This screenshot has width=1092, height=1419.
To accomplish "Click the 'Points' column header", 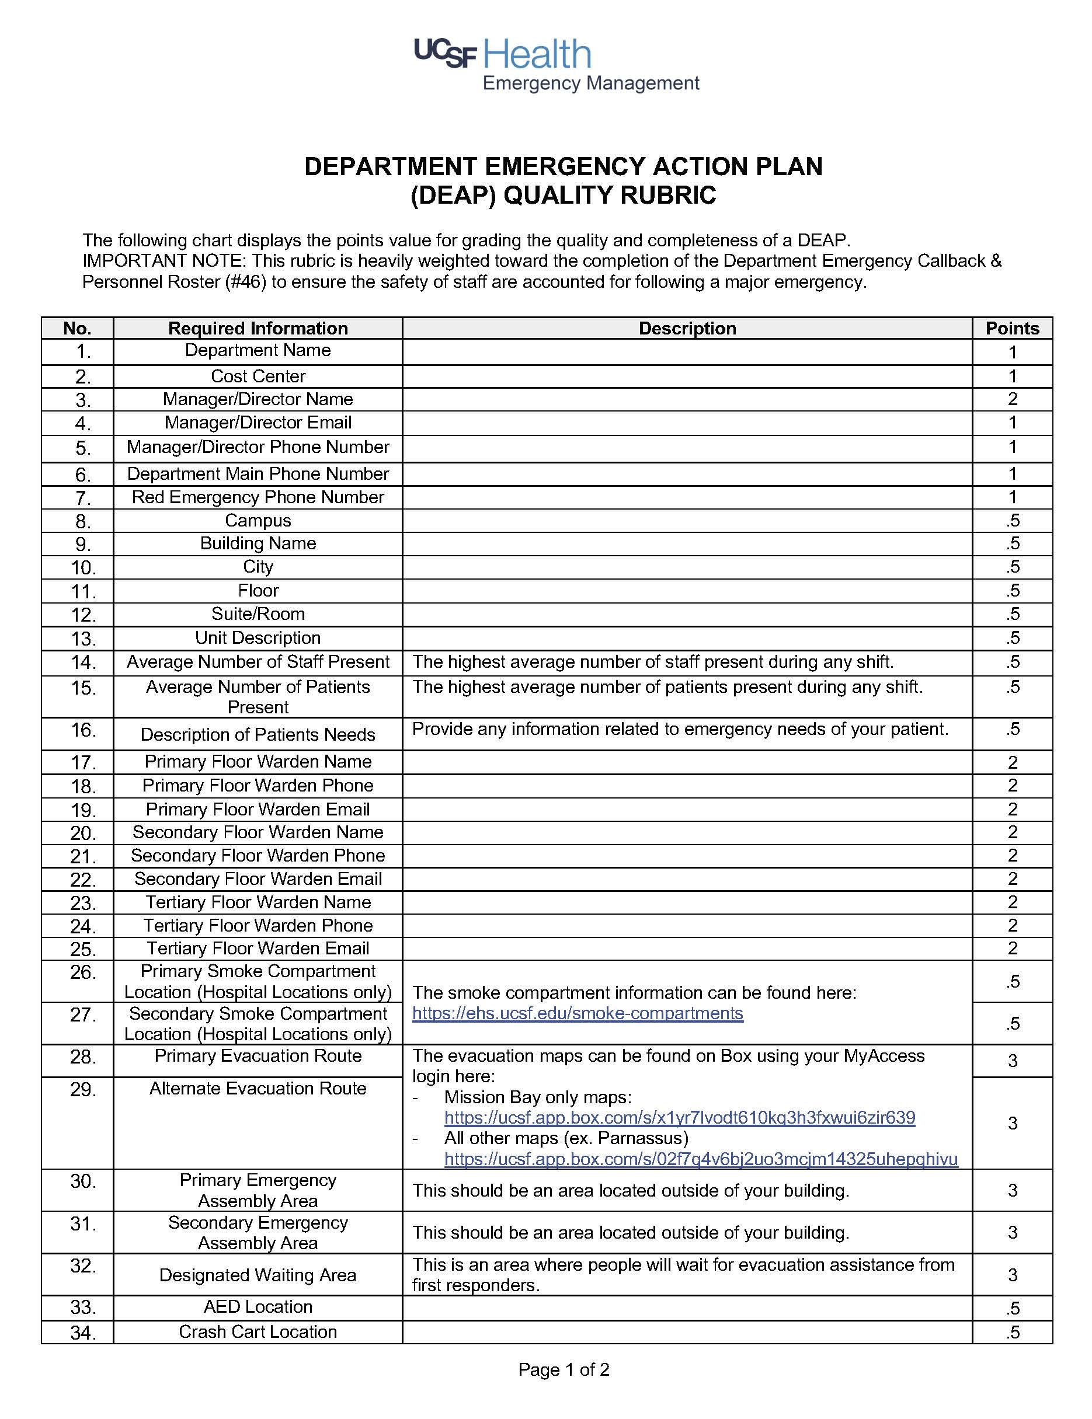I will pos(1012,328).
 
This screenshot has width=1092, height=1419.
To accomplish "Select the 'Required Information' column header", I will pos(258,328).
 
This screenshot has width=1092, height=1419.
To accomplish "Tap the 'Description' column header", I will pos(687,328).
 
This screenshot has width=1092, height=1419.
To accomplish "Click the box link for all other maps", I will pos(701,1159).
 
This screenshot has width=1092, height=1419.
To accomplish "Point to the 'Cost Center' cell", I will pos(258,376).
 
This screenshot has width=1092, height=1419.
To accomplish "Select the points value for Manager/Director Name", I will pos(1012,399).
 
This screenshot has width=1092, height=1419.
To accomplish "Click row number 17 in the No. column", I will pos(83,762).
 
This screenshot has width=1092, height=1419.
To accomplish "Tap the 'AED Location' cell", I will pos(258,1306).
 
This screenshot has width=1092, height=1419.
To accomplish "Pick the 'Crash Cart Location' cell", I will pos(258,1331).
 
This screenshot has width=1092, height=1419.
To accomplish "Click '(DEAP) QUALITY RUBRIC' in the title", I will pos(563,195).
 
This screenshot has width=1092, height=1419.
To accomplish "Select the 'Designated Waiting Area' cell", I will pos(258,1275).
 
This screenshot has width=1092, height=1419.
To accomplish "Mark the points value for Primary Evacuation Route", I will pos(1012,1061).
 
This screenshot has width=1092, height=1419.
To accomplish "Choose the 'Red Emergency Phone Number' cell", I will pos(258,497).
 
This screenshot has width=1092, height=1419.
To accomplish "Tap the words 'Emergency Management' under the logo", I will pos(590,83).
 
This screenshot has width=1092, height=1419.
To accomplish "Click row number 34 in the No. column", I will pos(83,1333).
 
